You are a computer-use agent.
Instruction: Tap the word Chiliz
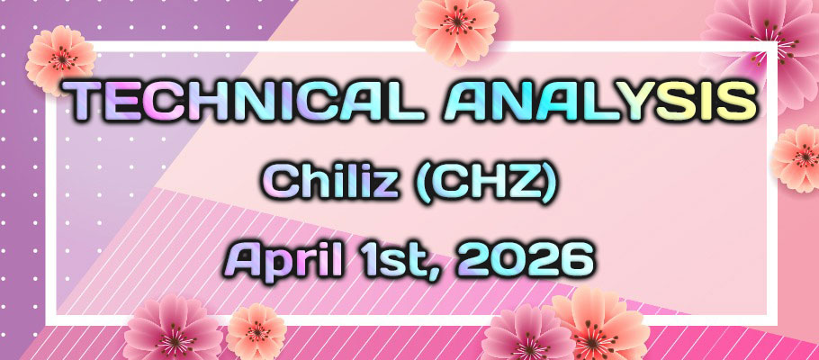click(x=342, y=187)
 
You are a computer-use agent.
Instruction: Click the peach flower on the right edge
click(x=797, y=158)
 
